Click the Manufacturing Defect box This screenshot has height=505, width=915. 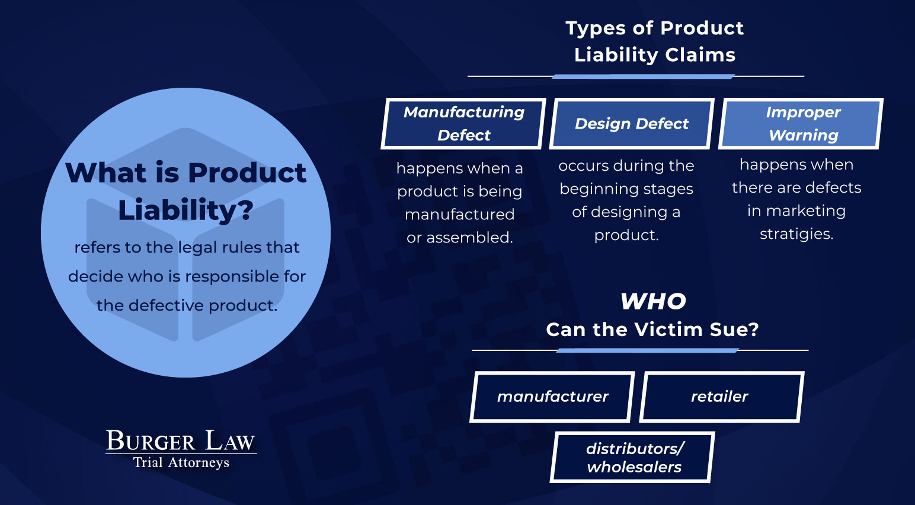(463, 123)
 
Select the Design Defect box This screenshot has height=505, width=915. (632, 123)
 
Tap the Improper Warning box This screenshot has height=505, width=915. (801, 123)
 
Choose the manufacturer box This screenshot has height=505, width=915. (552, 397)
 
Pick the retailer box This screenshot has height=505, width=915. (722, 397)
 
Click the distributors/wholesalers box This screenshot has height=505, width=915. (632, 457)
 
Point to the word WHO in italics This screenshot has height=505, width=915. (653, 302)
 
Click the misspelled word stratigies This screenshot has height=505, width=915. (796, 234)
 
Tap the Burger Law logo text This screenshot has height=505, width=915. (180, 441)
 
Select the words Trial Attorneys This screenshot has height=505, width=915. (181, 462)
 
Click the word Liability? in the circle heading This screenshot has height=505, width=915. (186, 210)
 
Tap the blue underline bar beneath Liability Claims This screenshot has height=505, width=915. (643, 76)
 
